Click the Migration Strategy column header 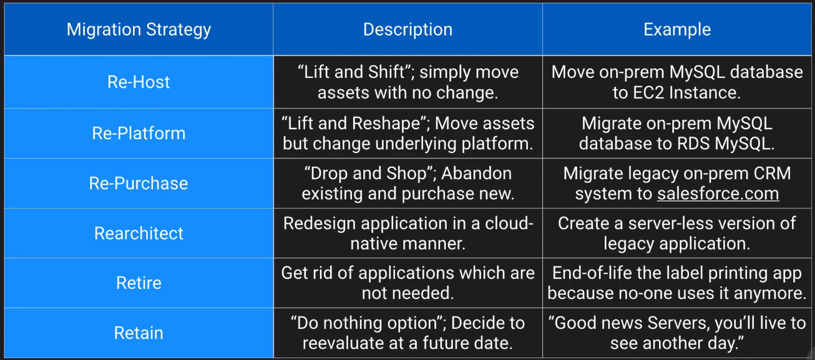(139, 30)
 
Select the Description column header (408, 29)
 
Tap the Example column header (677, 30)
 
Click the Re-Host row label (139, 82)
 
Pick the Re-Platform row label (139, 133)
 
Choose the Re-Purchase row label (139, 183)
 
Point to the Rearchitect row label (139, 233)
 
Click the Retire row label (139, 283)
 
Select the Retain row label (139, 333)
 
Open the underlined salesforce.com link (718, 193)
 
